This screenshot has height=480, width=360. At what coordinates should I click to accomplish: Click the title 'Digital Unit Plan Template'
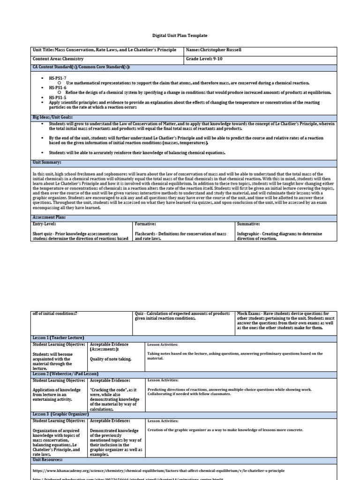180,36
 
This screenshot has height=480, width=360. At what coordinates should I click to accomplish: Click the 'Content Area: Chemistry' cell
57,60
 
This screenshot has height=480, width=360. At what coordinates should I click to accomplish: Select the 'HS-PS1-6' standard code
58,88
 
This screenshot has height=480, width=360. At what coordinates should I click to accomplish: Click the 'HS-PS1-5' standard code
58,97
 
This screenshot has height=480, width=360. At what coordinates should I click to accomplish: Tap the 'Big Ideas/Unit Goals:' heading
52,117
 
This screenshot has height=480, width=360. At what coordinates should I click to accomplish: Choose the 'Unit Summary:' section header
47,162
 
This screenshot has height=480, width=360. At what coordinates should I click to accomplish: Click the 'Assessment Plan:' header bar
49,218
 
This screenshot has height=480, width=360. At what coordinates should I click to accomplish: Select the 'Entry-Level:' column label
44,225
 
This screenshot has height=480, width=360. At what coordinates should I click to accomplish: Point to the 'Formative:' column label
145,225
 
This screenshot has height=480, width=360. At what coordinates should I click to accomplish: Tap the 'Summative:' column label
249,225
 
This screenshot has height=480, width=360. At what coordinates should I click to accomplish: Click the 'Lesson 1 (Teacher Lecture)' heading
58,338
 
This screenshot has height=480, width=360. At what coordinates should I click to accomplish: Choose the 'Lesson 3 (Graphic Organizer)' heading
60,414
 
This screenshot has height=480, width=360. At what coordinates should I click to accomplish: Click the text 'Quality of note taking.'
111,360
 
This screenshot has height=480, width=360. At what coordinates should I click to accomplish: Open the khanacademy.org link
158,471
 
